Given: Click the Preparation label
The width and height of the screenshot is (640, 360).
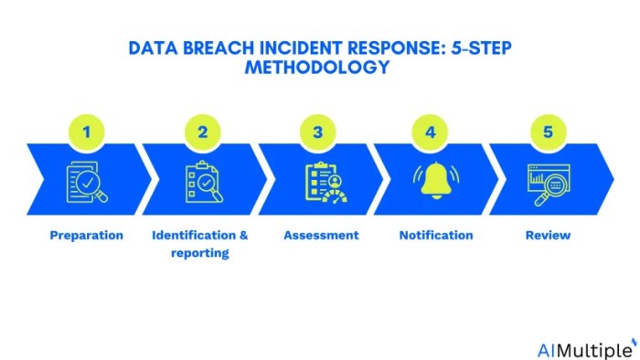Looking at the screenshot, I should pos(86,235).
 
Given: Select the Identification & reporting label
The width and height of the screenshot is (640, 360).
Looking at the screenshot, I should pos(199,243).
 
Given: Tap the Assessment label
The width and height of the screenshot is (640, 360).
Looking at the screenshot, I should pos(321,235).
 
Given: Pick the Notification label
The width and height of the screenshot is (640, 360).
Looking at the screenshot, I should pos(436,235).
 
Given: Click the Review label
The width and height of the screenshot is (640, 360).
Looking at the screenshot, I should pos(548,235).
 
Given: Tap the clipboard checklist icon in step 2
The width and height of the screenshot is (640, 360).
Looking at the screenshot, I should pos(202,181).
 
